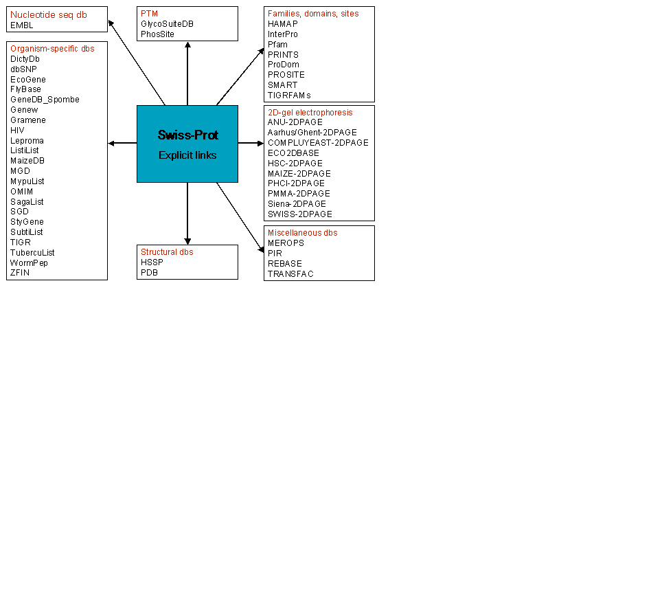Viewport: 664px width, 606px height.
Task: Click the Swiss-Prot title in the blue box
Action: (187, 135)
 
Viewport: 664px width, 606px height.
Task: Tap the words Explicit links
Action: (187, 155)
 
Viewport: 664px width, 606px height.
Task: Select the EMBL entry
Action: (21, 25)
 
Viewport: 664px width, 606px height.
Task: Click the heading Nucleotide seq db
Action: (49, 15)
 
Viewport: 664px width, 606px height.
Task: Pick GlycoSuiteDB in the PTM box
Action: (167, 24)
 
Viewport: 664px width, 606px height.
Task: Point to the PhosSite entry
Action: (157, 34)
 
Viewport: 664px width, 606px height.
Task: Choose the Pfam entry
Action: (277, 45)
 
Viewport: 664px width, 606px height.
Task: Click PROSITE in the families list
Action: (286, 75)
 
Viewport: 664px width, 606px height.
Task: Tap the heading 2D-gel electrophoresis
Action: (310, 112)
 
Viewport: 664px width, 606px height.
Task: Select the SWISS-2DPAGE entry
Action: (300, 214)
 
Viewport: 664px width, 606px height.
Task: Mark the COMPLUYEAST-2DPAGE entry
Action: (318, 143)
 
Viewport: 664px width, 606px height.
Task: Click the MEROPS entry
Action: (286, 243)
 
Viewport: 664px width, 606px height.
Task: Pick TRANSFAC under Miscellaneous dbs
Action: (290, 274)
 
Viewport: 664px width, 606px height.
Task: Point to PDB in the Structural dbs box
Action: (149, 273)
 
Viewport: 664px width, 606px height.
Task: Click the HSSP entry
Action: (152, 262)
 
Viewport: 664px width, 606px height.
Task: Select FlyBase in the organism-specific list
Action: (25, 89)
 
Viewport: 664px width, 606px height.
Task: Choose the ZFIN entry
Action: (20, 273)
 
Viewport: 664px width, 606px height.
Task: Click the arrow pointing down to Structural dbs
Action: (187, 214)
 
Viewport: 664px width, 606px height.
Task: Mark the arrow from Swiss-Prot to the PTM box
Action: (187, 74)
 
